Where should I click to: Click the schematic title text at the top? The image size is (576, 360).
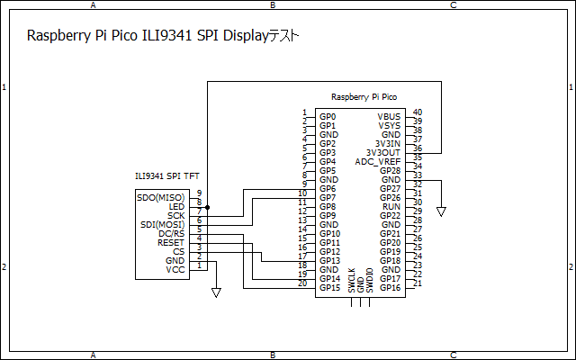[x=162, y=37]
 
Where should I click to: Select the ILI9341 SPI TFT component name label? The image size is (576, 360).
[x=166, y=177]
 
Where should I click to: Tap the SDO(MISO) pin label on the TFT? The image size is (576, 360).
[x=161, y=197]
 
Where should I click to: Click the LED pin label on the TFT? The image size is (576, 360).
[x=176, y=206]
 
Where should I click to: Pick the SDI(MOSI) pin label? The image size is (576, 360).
[x=162, y=224]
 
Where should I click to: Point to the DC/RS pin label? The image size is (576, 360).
[x=171, y=233]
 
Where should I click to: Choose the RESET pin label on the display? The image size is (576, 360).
[x=170, y=242]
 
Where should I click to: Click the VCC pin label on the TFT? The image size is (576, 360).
[x=175, y=269]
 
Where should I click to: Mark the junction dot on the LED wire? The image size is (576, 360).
[x=208, y=207]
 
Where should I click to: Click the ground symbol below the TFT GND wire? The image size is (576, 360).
[x=216, y=292]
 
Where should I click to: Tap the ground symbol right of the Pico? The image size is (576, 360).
[x=441, y=211]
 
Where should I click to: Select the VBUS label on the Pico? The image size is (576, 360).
[x=389, y=117]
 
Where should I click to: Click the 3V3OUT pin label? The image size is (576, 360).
[x=383, y=153]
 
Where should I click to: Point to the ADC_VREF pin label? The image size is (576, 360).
[x=378, y=162]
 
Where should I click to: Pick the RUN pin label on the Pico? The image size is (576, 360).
[x=391, y=207]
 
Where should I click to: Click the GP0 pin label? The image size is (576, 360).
[x=328, y=117]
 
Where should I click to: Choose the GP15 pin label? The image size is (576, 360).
[x=329, y=288]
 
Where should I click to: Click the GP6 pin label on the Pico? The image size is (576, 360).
[x=328, y=189]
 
